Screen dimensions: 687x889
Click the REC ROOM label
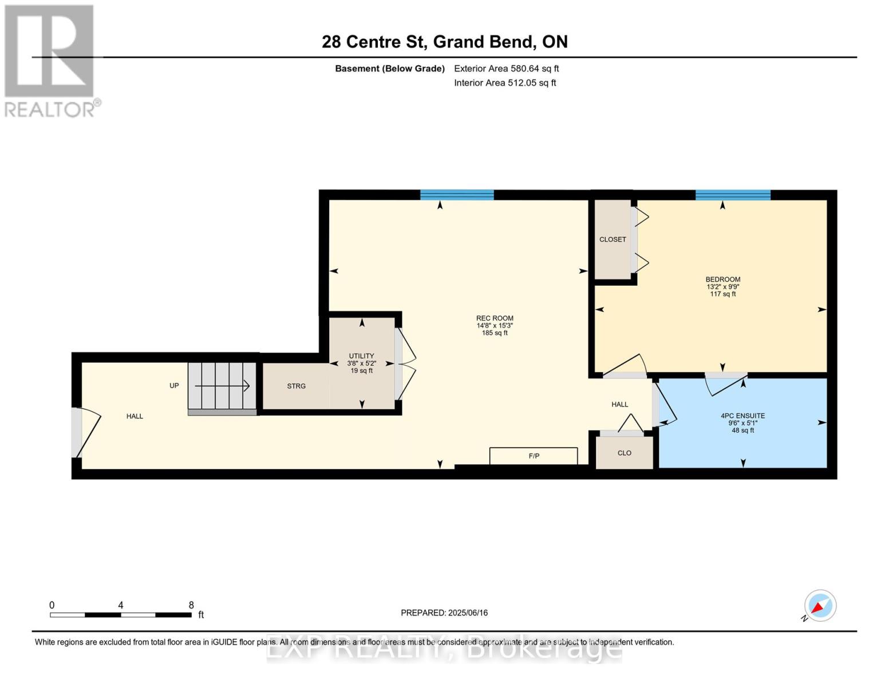click(x=495, y=319)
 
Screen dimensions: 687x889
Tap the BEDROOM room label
click(x=722, y=280)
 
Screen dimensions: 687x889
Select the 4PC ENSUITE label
click(x=742, y=416)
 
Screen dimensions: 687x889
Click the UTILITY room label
click(x=361, y=356)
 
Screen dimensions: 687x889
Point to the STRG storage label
click(x=296, y=386)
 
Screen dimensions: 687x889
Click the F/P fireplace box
click(x=534, y=456)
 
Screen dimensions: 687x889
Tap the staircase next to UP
click(x=222, y=386)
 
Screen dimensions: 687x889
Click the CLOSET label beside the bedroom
click(x=613, y=239)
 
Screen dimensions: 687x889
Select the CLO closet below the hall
click(x=624, y=453)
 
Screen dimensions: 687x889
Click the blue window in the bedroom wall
click(x=733, y=195)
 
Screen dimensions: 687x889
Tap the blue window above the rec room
click(x=457, y=195)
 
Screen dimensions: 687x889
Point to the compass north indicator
click(x=820, y=606)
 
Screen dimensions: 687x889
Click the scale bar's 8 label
click(x=191, y=605)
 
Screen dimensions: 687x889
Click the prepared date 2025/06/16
click(x=444, y=613)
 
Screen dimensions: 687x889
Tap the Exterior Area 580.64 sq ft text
click(x=506, y=69)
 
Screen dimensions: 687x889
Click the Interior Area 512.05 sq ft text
click(x=505, y=83)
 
